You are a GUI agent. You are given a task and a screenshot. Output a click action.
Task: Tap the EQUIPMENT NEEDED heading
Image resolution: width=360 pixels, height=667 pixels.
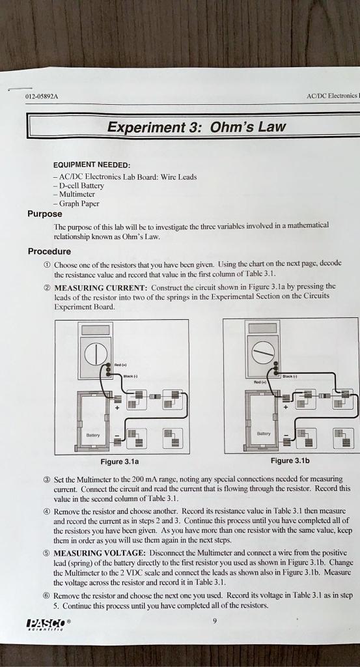(x=92, y=165)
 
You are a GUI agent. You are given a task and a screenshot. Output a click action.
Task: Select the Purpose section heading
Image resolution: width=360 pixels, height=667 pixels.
(x=45, y=214)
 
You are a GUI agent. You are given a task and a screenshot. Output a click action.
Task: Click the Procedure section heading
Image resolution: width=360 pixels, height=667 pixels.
(x=49, y=251)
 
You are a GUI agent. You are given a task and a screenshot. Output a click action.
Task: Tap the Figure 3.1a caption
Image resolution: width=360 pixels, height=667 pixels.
(x=122, y=461)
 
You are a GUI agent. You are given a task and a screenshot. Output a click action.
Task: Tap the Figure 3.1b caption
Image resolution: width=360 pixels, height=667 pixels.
(x=290, y=461)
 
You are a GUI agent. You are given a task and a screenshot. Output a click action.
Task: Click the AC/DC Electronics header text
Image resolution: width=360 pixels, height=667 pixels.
(x=331, y=96)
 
